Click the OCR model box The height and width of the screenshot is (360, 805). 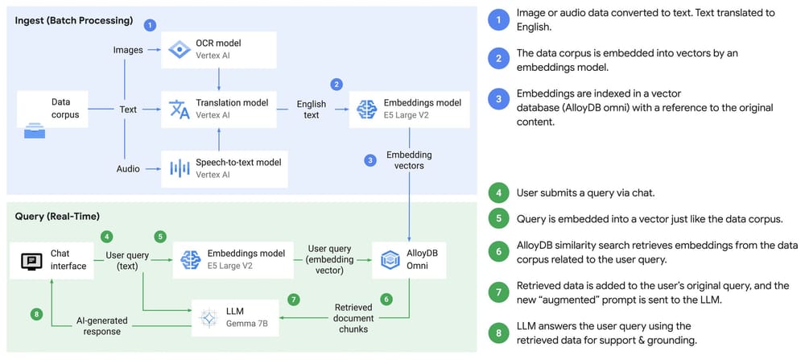[x=219, y=50]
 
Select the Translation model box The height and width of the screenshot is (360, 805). [x=219, y=110]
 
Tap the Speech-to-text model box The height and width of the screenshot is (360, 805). [x=219, y=168]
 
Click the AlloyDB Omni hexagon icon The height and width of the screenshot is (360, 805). [x=389, y=259]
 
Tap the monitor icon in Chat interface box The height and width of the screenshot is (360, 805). [x=31, y=260]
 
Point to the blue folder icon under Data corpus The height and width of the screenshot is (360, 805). [x=34, y=132]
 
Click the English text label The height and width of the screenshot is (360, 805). [x=312, y=110]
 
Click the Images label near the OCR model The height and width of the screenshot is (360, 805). [x=128, y=50]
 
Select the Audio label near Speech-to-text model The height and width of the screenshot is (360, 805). [x=127, y=168]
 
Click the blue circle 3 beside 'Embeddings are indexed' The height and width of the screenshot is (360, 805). [x=501, y=99]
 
